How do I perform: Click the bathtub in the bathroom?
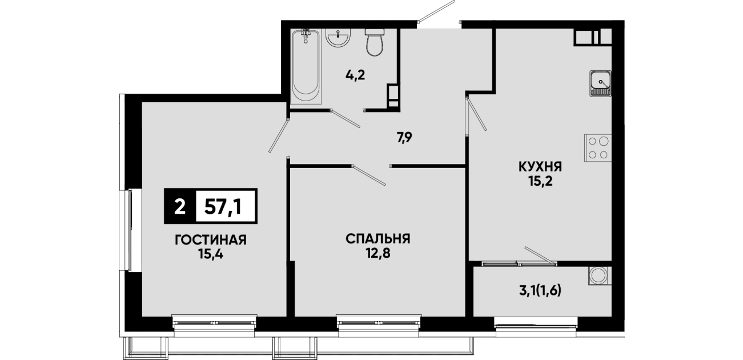(x=306, y=67)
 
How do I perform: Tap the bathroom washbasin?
(x=338, y=38)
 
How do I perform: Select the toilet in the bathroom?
(x=375, y=42)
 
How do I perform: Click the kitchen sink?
(x=600, y=83)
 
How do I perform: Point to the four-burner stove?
(x=598, y=148)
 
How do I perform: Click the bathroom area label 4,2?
(x=355, y=75)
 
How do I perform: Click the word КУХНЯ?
(x=540, y=167)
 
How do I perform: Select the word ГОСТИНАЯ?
(x=211, y=240)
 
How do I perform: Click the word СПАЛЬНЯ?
(x=378, y=238)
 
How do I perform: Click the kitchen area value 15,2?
(x=540, y=182)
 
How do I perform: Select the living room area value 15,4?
(x=211, y=254)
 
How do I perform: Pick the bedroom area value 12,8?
(x=378, y=253)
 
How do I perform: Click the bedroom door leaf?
(x=369, y=175)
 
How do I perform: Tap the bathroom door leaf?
(x=346, y=118)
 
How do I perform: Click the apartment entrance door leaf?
(x=436, y=11)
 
